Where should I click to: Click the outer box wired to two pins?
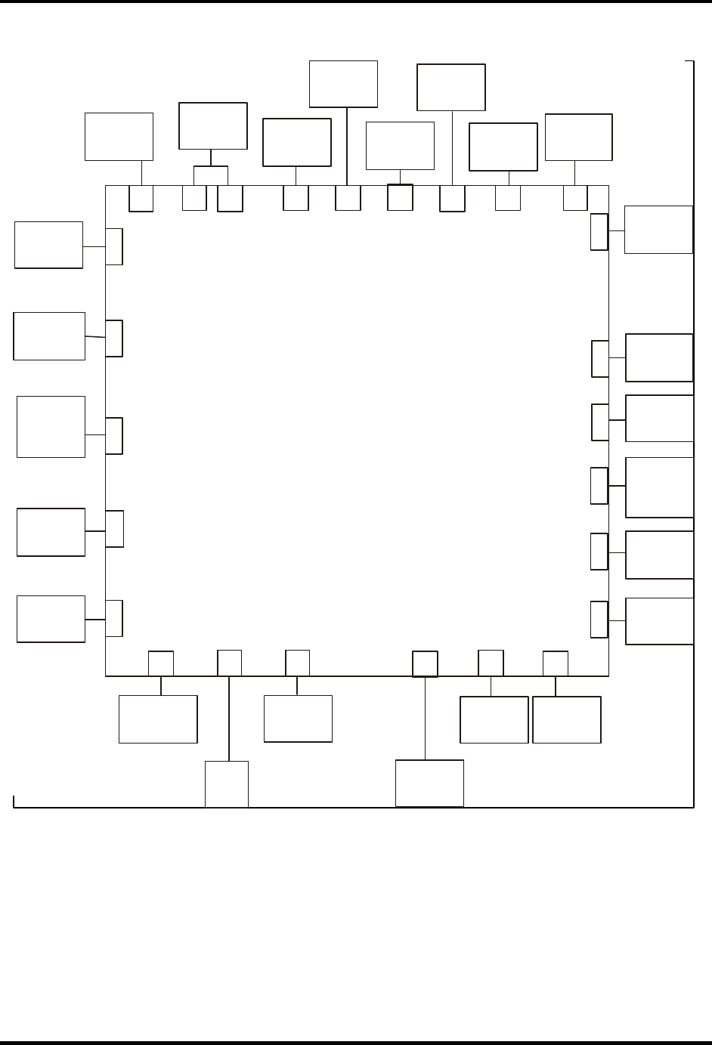pos(212,125)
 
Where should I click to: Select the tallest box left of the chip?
pos(51,426)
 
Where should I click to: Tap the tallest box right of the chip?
pos(659,487)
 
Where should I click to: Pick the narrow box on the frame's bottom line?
pos(227,784)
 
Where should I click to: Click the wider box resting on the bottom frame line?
pos(429,783)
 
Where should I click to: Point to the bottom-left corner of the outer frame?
pos(14,806)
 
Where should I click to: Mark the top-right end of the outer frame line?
pos(693,61)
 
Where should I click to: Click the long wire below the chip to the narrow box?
pos(229,718)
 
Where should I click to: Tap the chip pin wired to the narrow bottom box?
pos(229,662)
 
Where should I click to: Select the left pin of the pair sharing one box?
pos(194,198)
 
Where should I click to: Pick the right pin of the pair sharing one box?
pos(230,198)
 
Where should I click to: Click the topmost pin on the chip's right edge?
pos(599,231)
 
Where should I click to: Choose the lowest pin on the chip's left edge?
pos(114,617)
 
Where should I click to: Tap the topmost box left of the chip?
pos(48,245)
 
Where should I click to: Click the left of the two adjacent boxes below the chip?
pos(494,719)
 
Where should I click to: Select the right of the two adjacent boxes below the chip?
pos(567,719)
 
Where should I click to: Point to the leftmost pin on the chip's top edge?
pos(141,198)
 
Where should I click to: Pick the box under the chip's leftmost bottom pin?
pos(158,719)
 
